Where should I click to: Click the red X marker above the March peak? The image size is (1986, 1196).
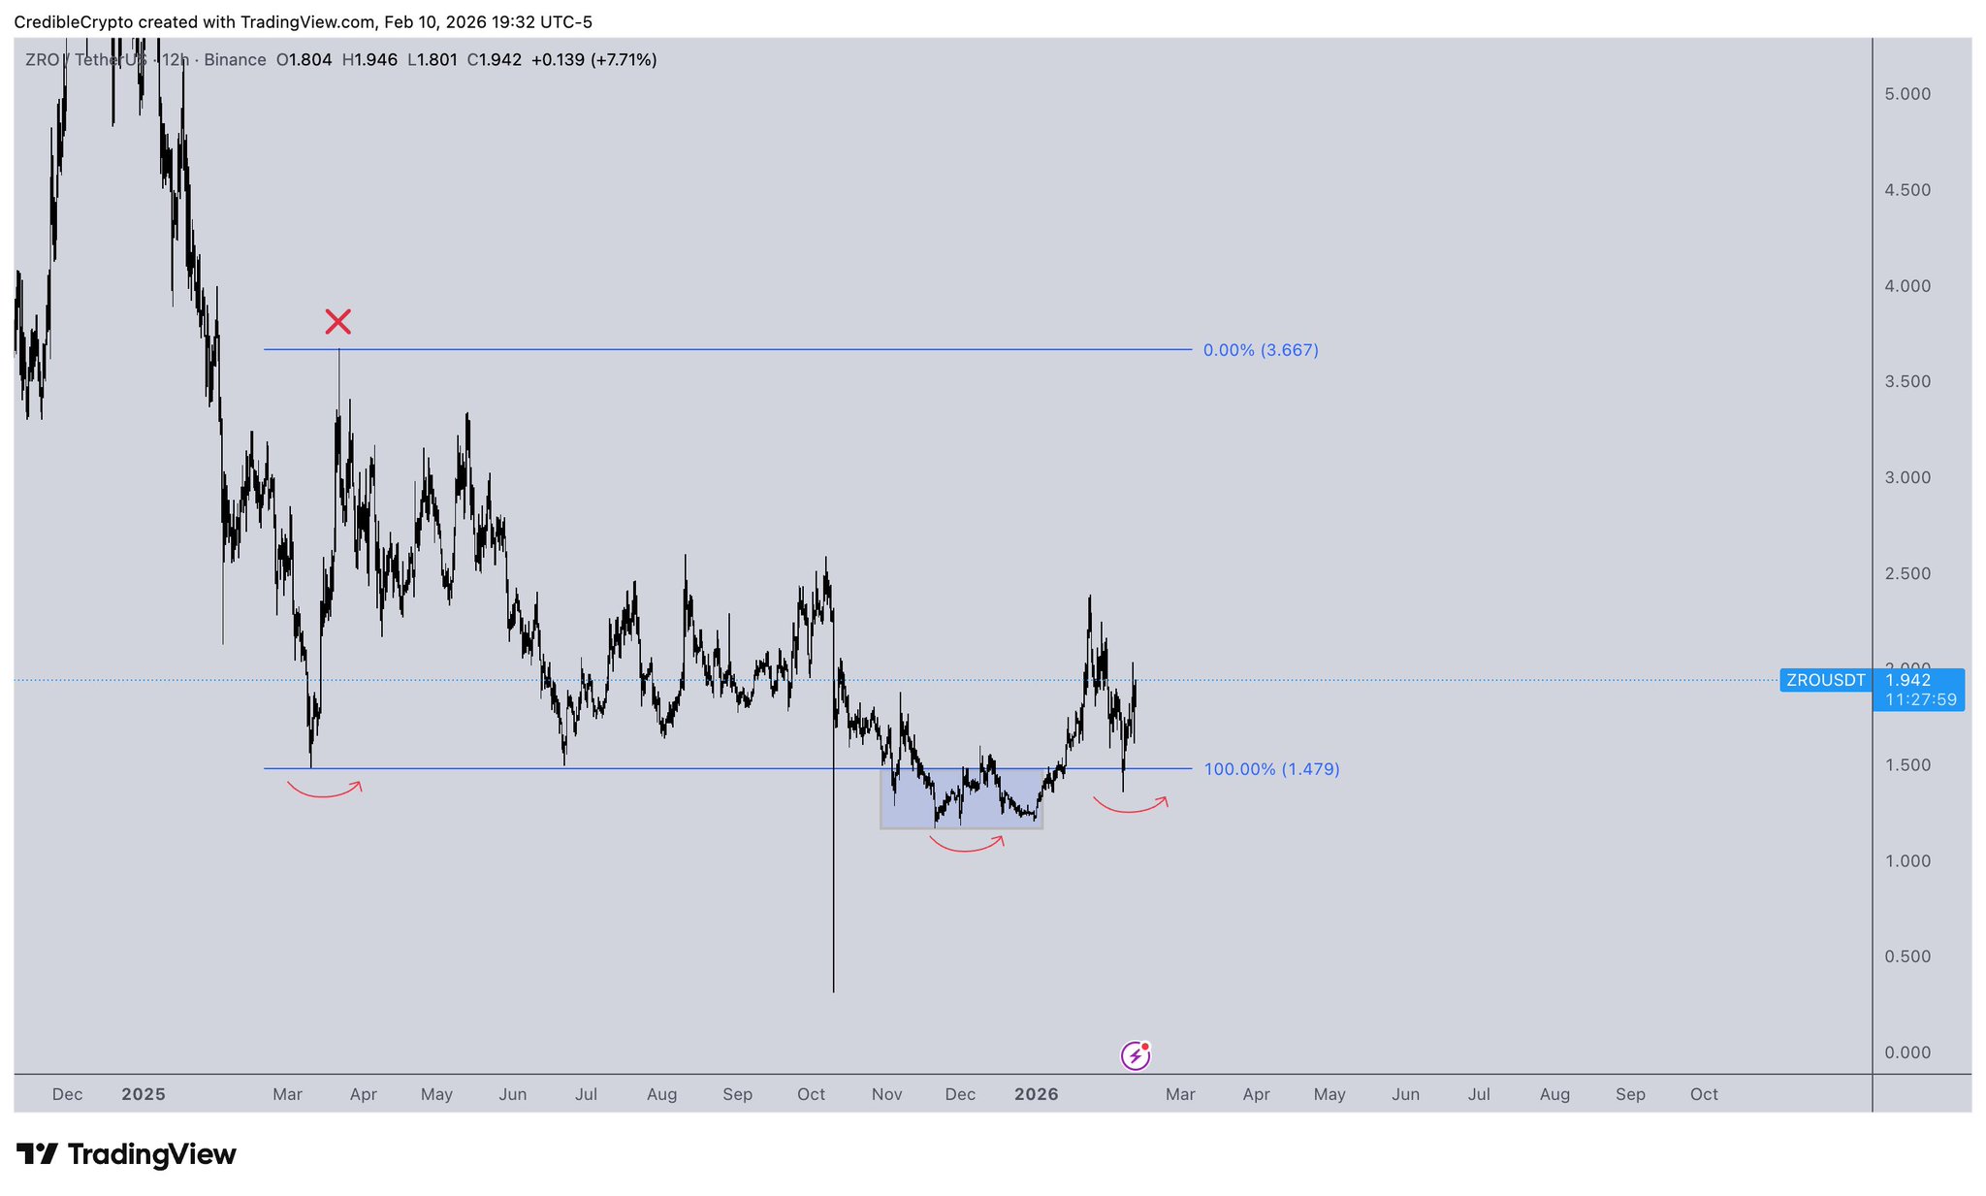pos(337,321)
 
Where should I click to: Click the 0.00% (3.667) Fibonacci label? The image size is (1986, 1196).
pos(1261,350)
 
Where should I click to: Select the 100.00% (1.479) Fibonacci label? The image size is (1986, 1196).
pos(1271,769)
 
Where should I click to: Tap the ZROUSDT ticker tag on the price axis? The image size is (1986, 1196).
pos(1825,680)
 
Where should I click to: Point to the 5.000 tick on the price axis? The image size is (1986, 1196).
pos(1907,94)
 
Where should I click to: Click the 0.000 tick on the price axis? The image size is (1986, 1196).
pos(1907,1052)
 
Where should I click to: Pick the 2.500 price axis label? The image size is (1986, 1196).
pos(1907,573)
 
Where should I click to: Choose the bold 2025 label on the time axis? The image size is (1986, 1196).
pos(144,1094)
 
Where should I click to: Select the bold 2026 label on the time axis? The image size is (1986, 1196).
pos(1036,1094)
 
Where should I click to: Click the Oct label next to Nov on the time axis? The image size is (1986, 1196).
pos(811,1094)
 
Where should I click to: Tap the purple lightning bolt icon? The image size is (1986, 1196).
pos(1135,1055)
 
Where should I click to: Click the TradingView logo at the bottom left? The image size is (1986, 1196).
pos(126,1154)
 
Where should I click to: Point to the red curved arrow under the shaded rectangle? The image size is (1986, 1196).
pos(966,846)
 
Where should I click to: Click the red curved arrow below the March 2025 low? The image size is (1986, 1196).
pos(324,792)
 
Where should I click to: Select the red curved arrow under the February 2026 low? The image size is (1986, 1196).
pos(1130,806)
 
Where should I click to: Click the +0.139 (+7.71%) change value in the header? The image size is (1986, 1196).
pos(593,60)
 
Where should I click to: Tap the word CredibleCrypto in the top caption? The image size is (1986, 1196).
pos(73,22)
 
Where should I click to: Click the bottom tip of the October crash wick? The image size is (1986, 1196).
pos(833,990)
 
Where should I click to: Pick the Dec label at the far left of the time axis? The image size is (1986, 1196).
pos(67,1094)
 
